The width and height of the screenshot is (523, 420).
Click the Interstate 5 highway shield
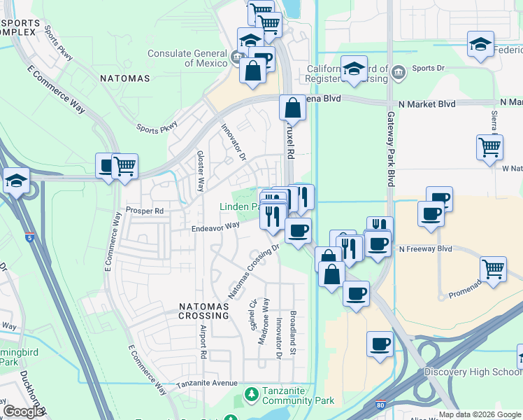click(x=29, y=237)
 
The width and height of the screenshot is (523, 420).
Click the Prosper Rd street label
click(x=144, y=210)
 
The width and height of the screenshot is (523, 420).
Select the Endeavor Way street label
click(x=216, y=225)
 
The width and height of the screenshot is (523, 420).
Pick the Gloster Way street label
click(x=200, y=171)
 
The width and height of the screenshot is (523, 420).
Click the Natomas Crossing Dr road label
click(x=254, y=269)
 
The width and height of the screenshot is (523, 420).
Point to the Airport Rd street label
click(x=203, y=342)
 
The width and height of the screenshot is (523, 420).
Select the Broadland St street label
click(x=294, y=331)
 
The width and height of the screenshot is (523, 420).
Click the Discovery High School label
click(x=482, y=372)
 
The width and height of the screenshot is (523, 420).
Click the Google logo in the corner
click(x=23, y=411)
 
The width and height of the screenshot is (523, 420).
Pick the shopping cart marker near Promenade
click(x=494, y=269)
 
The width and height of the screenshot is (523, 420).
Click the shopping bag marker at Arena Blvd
click(x=292, y=108)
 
